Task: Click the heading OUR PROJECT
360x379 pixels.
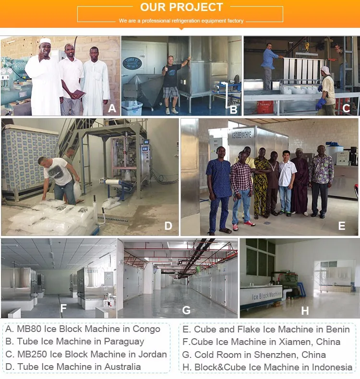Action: [181, 7]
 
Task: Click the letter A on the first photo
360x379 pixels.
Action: [112, 108]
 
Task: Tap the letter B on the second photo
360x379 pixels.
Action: [234, 110]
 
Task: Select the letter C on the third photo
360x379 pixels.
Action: [346, 108]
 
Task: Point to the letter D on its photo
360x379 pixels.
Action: [168, 225]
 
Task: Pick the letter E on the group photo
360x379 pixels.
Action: [342, 226]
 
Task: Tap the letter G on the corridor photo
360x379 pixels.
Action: [186, 310]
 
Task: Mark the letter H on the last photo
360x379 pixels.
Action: [305, 311]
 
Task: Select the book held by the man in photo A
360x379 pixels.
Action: [78, 94]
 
